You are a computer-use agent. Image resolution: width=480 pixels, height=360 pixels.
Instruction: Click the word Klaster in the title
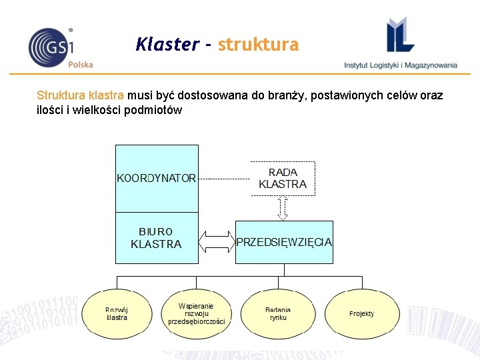166,45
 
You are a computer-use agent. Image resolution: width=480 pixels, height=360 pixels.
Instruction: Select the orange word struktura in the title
258,45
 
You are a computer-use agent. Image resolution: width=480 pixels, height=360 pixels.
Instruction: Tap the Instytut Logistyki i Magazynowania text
401,65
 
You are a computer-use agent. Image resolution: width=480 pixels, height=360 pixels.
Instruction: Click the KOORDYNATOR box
157,178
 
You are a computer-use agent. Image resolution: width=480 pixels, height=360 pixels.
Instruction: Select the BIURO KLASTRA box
157,238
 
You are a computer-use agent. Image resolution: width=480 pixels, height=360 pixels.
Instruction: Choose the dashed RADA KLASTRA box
283,178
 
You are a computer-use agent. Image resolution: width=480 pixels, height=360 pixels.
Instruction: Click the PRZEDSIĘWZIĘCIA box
284,242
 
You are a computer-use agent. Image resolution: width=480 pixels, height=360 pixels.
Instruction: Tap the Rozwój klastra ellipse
117,313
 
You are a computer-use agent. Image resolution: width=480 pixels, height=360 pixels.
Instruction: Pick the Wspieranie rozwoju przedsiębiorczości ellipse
197,313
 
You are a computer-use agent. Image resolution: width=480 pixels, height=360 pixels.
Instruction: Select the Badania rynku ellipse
278,313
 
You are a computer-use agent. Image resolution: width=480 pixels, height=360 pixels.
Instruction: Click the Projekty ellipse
361,313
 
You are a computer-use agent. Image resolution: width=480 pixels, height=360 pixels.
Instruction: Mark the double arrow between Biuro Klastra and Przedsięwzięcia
217,241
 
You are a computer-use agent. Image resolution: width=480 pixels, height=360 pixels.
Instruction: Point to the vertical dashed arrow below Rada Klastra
283,208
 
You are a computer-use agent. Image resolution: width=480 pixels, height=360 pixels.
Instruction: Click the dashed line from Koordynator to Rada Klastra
224,179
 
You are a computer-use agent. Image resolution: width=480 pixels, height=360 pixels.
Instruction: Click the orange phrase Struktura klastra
81,95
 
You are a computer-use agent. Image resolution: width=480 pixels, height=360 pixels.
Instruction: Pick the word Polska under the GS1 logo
81,65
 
